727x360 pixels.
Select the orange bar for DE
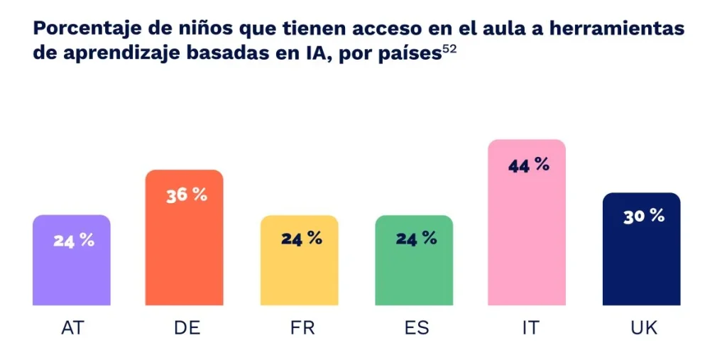184,256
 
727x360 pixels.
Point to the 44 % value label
529,165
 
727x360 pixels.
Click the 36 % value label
187,195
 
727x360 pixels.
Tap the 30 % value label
644,217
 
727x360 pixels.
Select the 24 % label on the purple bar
73,240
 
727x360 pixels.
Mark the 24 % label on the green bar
416,239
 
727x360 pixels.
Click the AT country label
72,328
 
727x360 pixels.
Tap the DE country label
187,328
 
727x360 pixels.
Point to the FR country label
302,328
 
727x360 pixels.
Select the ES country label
415,328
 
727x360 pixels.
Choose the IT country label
529,328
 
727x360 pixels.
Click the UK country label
643,328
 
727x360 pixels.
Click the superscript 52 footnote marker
449,50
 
